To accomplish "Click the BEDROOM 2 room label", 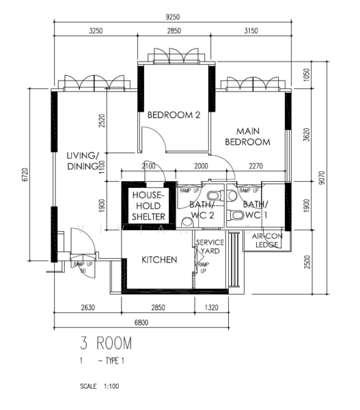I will (174, 115).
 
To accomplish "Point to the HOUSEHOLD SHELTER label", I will (148, 205).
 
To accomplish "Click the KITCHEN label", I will (159, 260).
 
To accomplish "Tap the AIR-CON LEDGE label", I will (263, 240).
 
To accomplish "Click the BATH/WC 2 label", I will (204, 210).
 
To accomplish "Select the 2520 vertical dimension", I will (102, 120).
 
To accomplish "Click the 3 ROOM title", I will (105, 342).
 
